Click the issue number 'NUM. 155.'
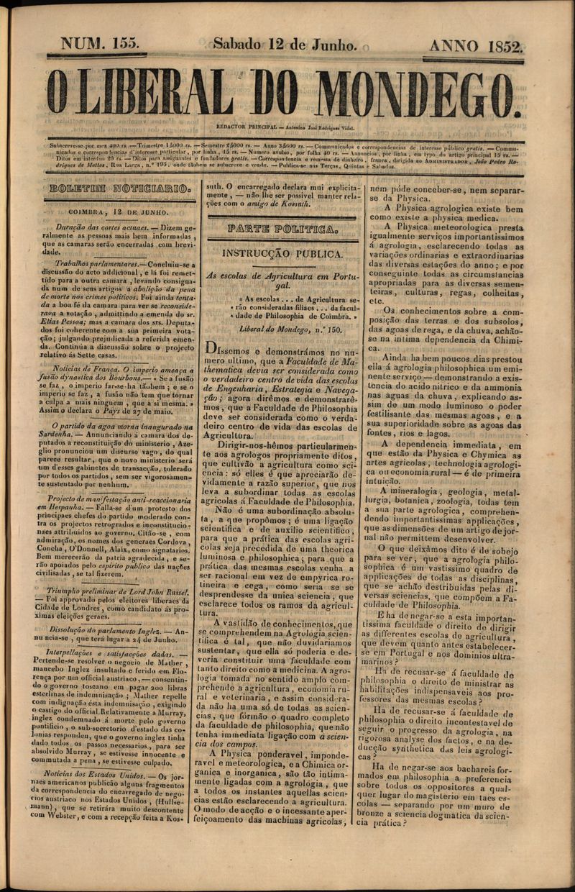pyautogui.click(x=100, y=45)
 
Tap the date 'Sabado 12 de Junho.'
pyautogui.click(x=285, y=45)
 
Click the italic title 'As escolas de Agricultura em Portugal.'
pyautogui.click(x=281, y=280)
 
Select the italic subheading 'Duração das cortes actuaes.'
pyautogui.click(x=102, y=226)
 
